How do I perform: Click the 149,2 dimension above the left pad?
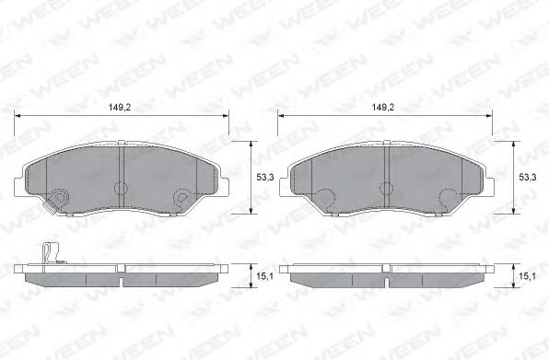pyautogui.click(x=120, y=108)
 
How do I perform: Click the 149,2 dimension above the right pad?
pyautogui.click(x=382, y=108)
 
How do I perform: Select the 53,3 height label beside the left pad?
pyautogui.click(x=265, y=178)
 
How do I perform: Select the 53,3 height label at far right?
pyautogui.click(x=528, y=178)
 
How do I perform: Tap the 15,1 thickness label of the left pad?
pyautogui.click(x=265, y=276)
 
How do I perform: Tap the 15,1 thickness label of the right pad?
pyautogui.click(x=528, y=276)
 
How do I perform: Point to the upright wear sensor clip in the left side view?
pyautogui.click(x=50, y=253)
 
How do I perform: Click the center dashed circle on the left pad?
pyautogui.click(x=122, y=189)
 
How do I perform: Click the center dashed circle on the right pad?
pyautogui.click(x=387, y=189)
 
